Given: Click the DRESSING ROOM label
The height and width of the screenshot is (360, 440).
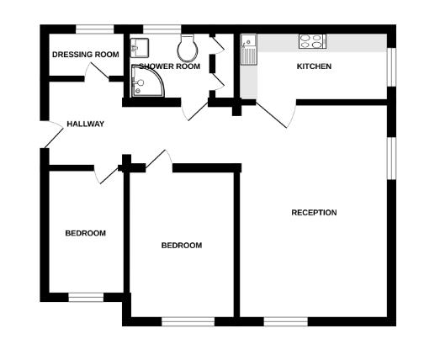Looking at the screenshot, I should coord(85,55).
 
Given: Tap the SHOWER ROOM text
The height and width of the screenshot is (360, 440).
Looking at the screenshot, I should coord(169,66).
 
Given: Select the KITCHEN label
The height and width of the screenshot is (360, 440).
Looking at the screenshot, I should coord(314,66).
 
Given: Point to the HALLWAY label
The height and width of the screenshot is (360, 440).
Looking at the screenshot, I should coord(86,124).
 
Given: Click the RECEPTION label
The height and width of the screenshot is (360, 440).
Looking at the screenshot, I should coord(314,213).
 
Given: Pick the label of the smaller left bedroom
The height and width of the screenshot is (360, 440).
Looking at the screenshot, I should coord(86,233).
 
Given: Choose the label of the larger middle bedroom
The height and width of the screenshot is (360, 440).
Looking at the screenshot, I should coord(182,246).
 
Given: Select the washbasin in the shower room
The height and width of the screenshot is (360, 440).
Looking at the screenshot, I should coord(140,45).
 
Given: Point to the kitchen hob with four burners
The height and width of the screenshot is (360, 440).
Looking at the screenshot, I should coord(311,40).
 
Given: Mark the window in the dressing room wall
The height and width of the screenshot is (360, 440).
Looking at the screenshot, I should coord(95,29).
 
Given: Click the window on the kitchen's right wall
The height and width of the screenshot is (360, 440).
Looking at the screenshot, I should coord(390,66).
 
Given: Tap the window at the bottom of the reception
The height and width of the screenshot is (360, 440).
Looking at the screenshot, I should coord(286,320).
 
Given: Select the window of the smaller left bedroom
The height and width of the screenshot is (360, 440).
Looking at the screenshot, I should coord(85,296).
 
